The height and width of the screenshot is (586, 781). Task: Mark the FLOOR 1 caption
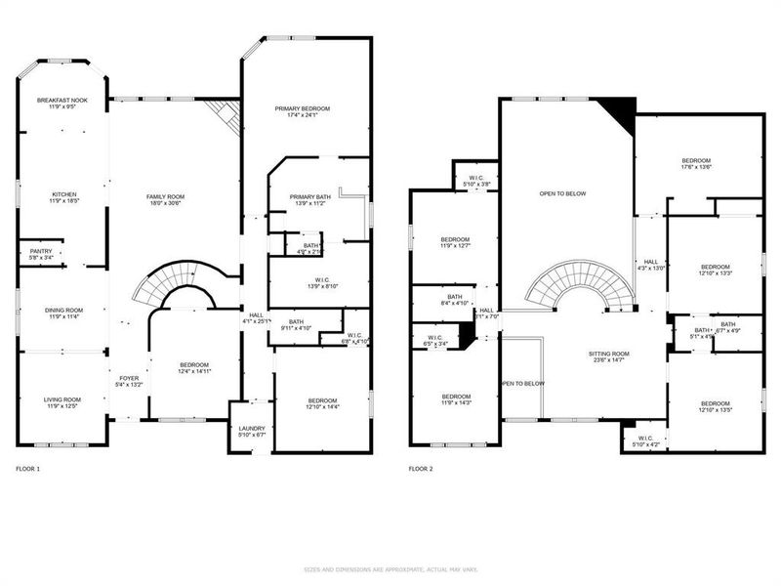click(27, 470)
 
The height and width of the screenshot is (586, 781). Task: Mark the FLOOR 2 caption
click(420, 470)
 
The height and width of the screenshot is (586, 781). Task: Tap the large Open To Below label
click(562, 193)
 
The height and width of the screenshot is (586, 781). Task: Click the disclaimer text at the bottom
click(390, 568)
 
